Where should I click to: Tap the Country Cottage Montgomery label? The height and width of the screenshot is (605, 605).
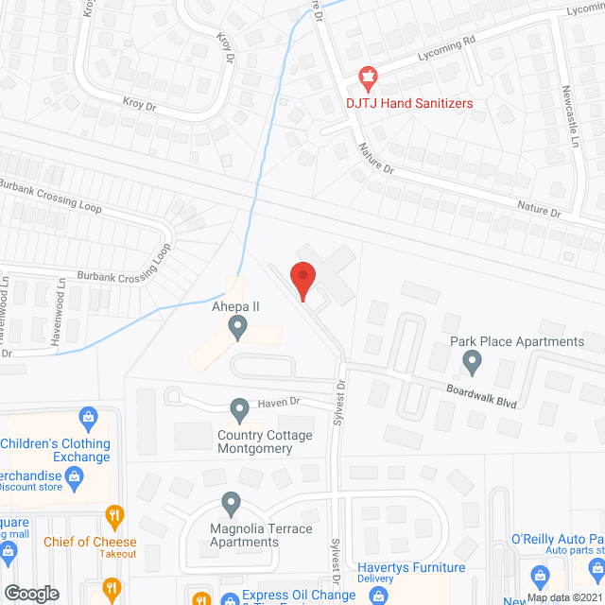coord(265,441)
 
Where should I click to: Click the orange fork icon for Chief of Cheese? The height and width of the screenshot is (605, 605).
coord(115,515)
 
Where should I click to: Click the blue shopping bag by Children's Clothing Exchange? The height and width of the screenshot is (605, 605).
coord(89,416)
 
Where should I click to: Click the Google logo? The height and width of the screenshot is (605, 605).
coord(31,594)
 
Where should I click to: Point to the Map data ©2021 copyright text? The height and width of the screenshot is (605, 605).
coord(564,597)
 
